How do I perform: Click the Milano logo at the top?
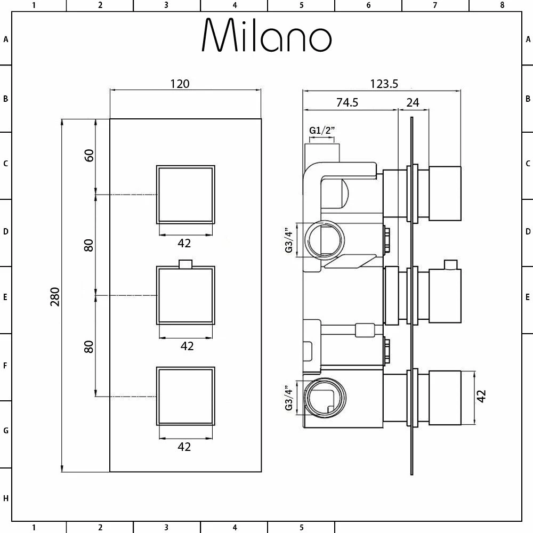tap(267, 35)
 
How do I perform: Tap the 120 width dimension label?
tap(180, 84)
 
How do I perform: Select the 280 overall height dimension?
tap(55, 296)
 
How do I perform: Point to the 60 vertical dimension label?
tap(88, 155)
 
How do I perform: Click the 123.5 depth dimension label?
tap(384, 84)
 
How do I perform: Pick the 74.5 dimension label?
tap(347, 102)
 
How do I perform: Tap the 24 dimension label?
tap(413, 102)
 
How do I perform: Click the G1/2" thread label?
tap(321, 130)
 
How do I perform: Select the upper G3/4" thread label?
tap(289, 240)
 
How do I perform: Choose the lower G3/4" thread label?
tap(289, 398)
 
